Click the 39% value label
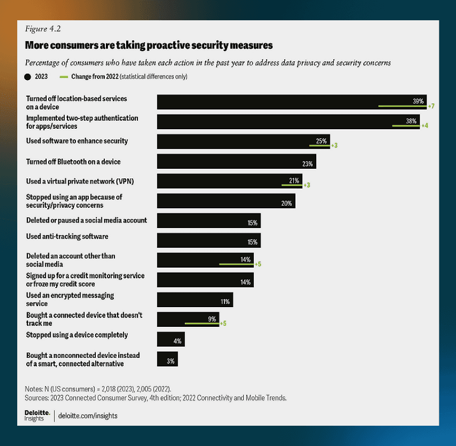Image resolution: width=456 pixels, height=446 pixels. click(418, 101)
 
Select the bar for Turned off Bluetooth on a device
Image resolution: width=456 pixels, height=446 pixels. click(236, 162)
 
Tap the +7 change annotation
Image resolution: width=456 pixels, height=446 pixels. click(432, 107)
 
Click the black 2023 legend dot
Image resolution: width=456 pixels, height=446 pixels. click(28, 77)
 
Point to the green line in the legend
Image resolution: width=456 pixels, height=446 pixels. click(63, 77)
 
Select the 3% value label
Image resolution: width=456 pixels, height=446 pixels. click(171, 361)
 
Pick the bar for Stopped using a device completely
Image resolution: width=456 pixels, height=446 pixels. click(171, 339)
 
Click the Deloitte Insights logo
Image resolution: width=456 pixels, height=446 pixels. click(34, 415)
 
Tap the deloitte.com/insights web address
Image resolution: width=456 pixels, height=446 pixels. click(88, 416)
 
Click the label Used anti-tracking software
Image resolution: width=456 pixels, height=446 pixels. click(67, 236)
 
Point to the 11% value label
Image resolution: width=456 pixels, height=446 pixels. click(225, 302)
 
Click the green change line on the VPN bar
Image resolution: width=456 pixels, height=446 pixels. click(292, 185)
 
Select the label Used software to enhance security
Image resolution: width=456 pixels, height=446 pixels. click(77, 141)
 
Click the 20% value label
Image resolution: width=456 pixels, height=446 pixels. click(287, 204)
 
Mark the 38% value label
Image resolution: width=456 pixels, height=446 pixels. click(411, 121)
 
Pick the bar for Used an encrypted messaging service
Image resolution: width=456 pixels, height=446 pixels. click(195, 300)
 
